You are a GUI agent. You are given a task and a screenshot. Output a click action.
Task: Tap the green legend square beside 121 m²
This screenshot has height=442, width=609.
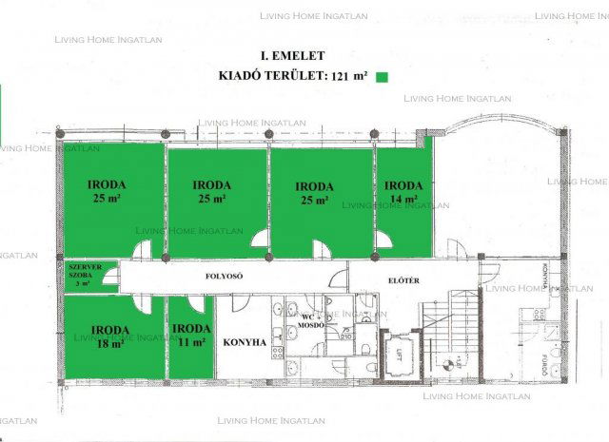pos(383,76)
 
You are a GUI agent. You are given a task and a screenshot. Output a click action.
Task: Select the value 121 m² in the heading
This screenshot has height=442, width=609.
pos(349,76)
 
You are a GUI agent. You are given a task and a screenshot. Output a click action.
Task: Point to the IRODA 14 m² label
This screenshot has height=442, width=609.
pos(403,192)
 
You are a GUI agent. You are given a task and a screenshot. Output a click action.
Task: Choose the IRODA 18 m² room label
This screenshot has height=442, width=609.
pos(110,336)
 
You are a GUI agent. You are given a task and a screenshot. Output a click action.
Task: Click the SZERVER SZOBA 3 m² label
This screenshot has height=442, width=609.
pos(85,276)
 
